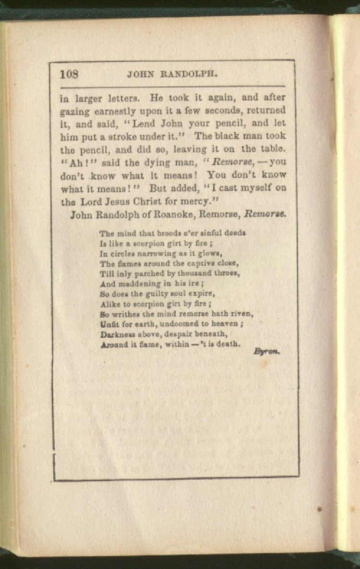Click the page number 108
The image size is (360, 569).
click(70, 74)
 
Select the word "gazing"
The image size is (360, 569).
click(75, 112)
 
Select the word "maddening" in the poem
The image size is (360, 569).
click(136, 284)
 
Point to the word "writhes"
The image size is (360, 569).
click(129, 314)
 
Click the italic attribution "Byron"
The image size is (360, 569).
click(266, 352)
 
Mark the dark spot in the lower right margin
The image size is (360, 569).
click(320, 509)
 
